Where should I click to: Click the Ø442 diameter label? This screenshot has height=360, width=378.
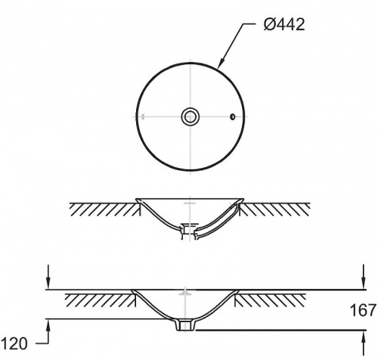click(284, 25)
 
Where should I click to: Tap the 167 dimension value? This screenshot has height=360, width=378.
click(363, 310)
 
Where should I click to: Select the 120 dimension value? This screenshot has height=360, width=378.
click(14, 343)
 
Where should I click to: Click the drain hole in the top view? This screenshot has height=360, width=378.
click(191, 116)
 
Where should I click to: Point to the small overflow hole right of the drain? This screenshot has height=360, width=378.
click(233, 116)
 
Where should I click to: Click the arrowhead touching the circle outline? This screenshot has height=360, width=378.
click(220, 64)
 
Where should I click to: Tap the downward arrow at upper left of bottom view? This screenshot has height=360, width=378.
click(48, 277)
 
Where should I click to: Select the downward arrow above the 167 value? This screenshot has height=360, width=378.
click(363, 277)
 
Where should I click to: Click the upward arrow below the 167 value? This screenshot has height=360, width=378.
click(363, 343)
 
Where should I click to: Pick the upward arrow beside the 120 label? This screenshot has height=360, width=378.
click(48, 331)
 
